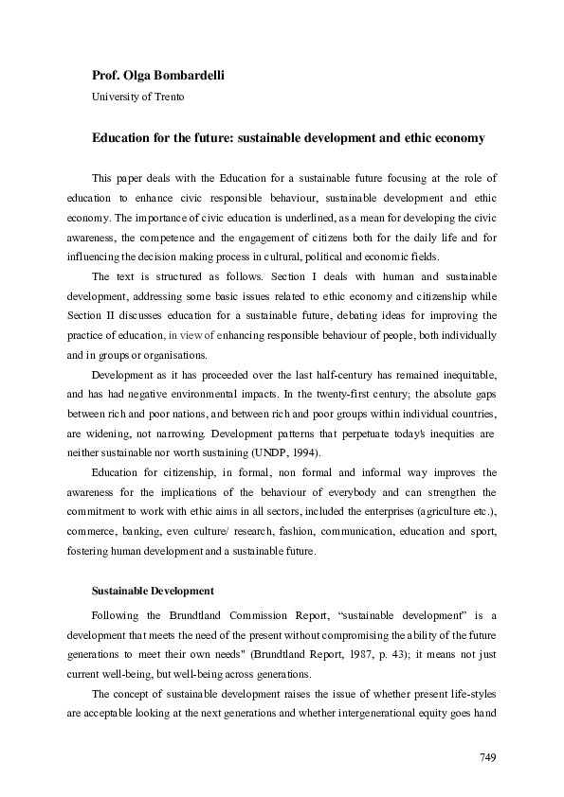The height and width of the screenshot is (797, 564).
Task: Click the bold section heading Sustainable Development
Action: point(152,592)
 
